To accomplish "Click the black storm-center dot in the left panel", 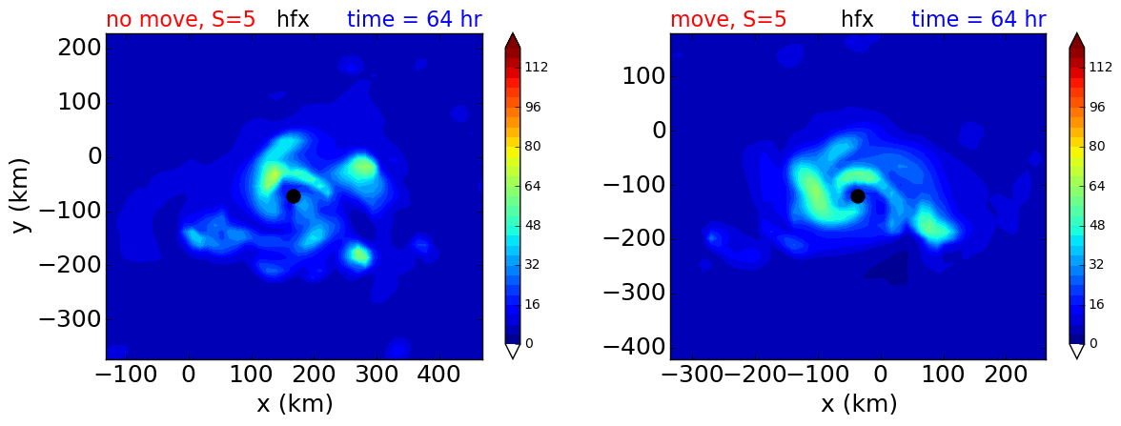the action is [294, 196].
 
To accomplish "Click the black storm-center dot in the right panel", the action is [858, 196].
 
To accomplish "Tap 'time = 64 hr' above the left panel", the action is [415, 19].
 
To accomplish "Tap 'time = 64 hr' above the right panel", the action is [979, 19].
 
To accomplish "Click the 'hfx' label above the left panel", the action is [294, 19].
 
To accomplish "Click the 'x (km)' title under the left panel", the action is [295, 404].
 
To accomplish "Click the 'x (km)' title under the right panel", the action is [859, 404].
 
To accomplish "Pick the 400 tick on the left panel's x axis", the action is [313, 375].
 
